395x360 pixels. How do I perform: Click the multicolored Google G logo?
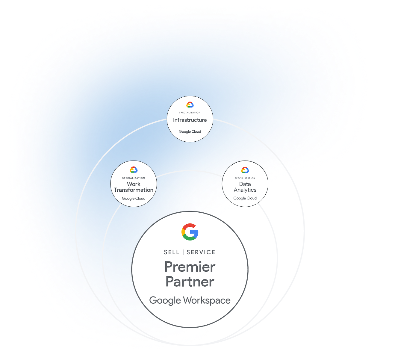pyautogui.click(x=190, y=232)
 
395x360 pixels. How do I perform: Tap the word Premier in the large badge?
pyautogui.click(x=190, y=267)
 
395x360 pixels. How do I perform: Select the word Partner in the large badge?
pyautogui.click(x=190, y=282)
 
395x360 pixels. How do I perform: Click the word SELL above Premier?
pyautogui.click(x=172, y=252)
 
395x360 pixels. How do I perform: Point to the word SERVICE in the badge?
pyautogui.click(x=201, y=252)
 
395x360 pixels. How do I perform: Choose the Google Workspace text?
pyautogui.click(x=190, y=300)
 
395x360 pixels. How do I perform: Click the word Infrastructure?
pyautogui.click(x=190, y=120)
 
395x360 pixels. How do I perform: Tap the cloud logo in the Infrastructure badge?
pyautogui.click(x=190, y=105)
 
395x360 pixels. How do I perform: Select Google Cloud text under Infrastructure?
pyautogui.click(x=190, y=131)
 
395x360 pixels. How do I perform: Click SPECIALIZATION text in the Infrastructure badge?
pyautogui.click(x=190, y=113)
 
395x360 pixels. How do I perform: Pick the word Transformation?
pyautogui.click(x=134, y=190)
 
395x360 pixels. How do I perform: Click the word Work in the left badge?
pyautogui.click(x=134, y=184)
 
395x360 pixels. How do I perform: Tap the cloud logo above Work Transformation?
pyautogui.click(x=134, y=170)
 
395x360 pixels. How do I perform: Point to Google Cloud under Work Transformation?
pyautogui.click(x=134, y=198)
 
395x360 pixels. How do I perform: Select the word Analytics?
pyautogui.click(x=245, y=190)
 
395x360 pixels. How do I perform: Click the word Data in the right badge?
pyautogui.click(x=245, y=184)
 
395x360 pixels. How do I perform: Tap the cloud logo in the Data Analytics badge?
pyautogui.click(x=245, y=170)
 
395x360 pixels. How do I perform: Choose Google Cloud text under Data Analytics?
pyautogui.click(x=245, y=198)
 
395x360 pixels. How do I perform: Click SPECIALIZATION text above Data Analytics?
pyautogui.click(x=245, y=178)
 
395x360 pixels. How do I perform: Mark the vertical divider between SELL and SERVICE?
pyautogui.click(x=183, y=252)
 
